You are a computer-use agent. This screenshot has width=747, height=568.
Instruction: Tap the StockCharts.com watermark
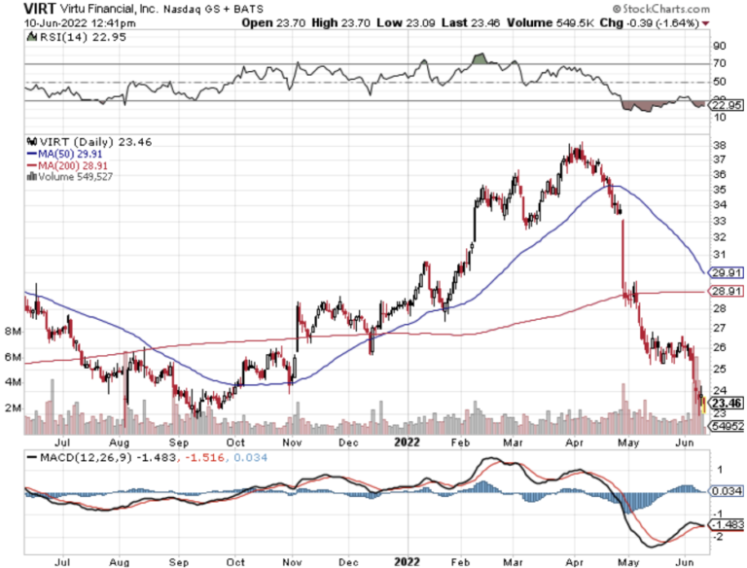[x=691, y=7]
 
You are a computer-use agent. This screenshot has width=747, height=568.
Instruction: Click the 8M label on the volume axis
[x=13, y=332]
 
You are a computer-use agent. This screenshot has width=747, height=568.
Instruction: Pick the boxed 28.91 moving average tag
[x=728, y=292]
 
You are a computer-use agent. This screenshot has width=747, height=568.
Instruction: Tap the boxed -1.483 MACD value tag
[x=728, y=523]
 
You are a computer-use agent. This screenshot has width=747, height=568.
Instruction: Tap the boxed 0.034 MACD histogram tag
[x=728, y=491]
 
